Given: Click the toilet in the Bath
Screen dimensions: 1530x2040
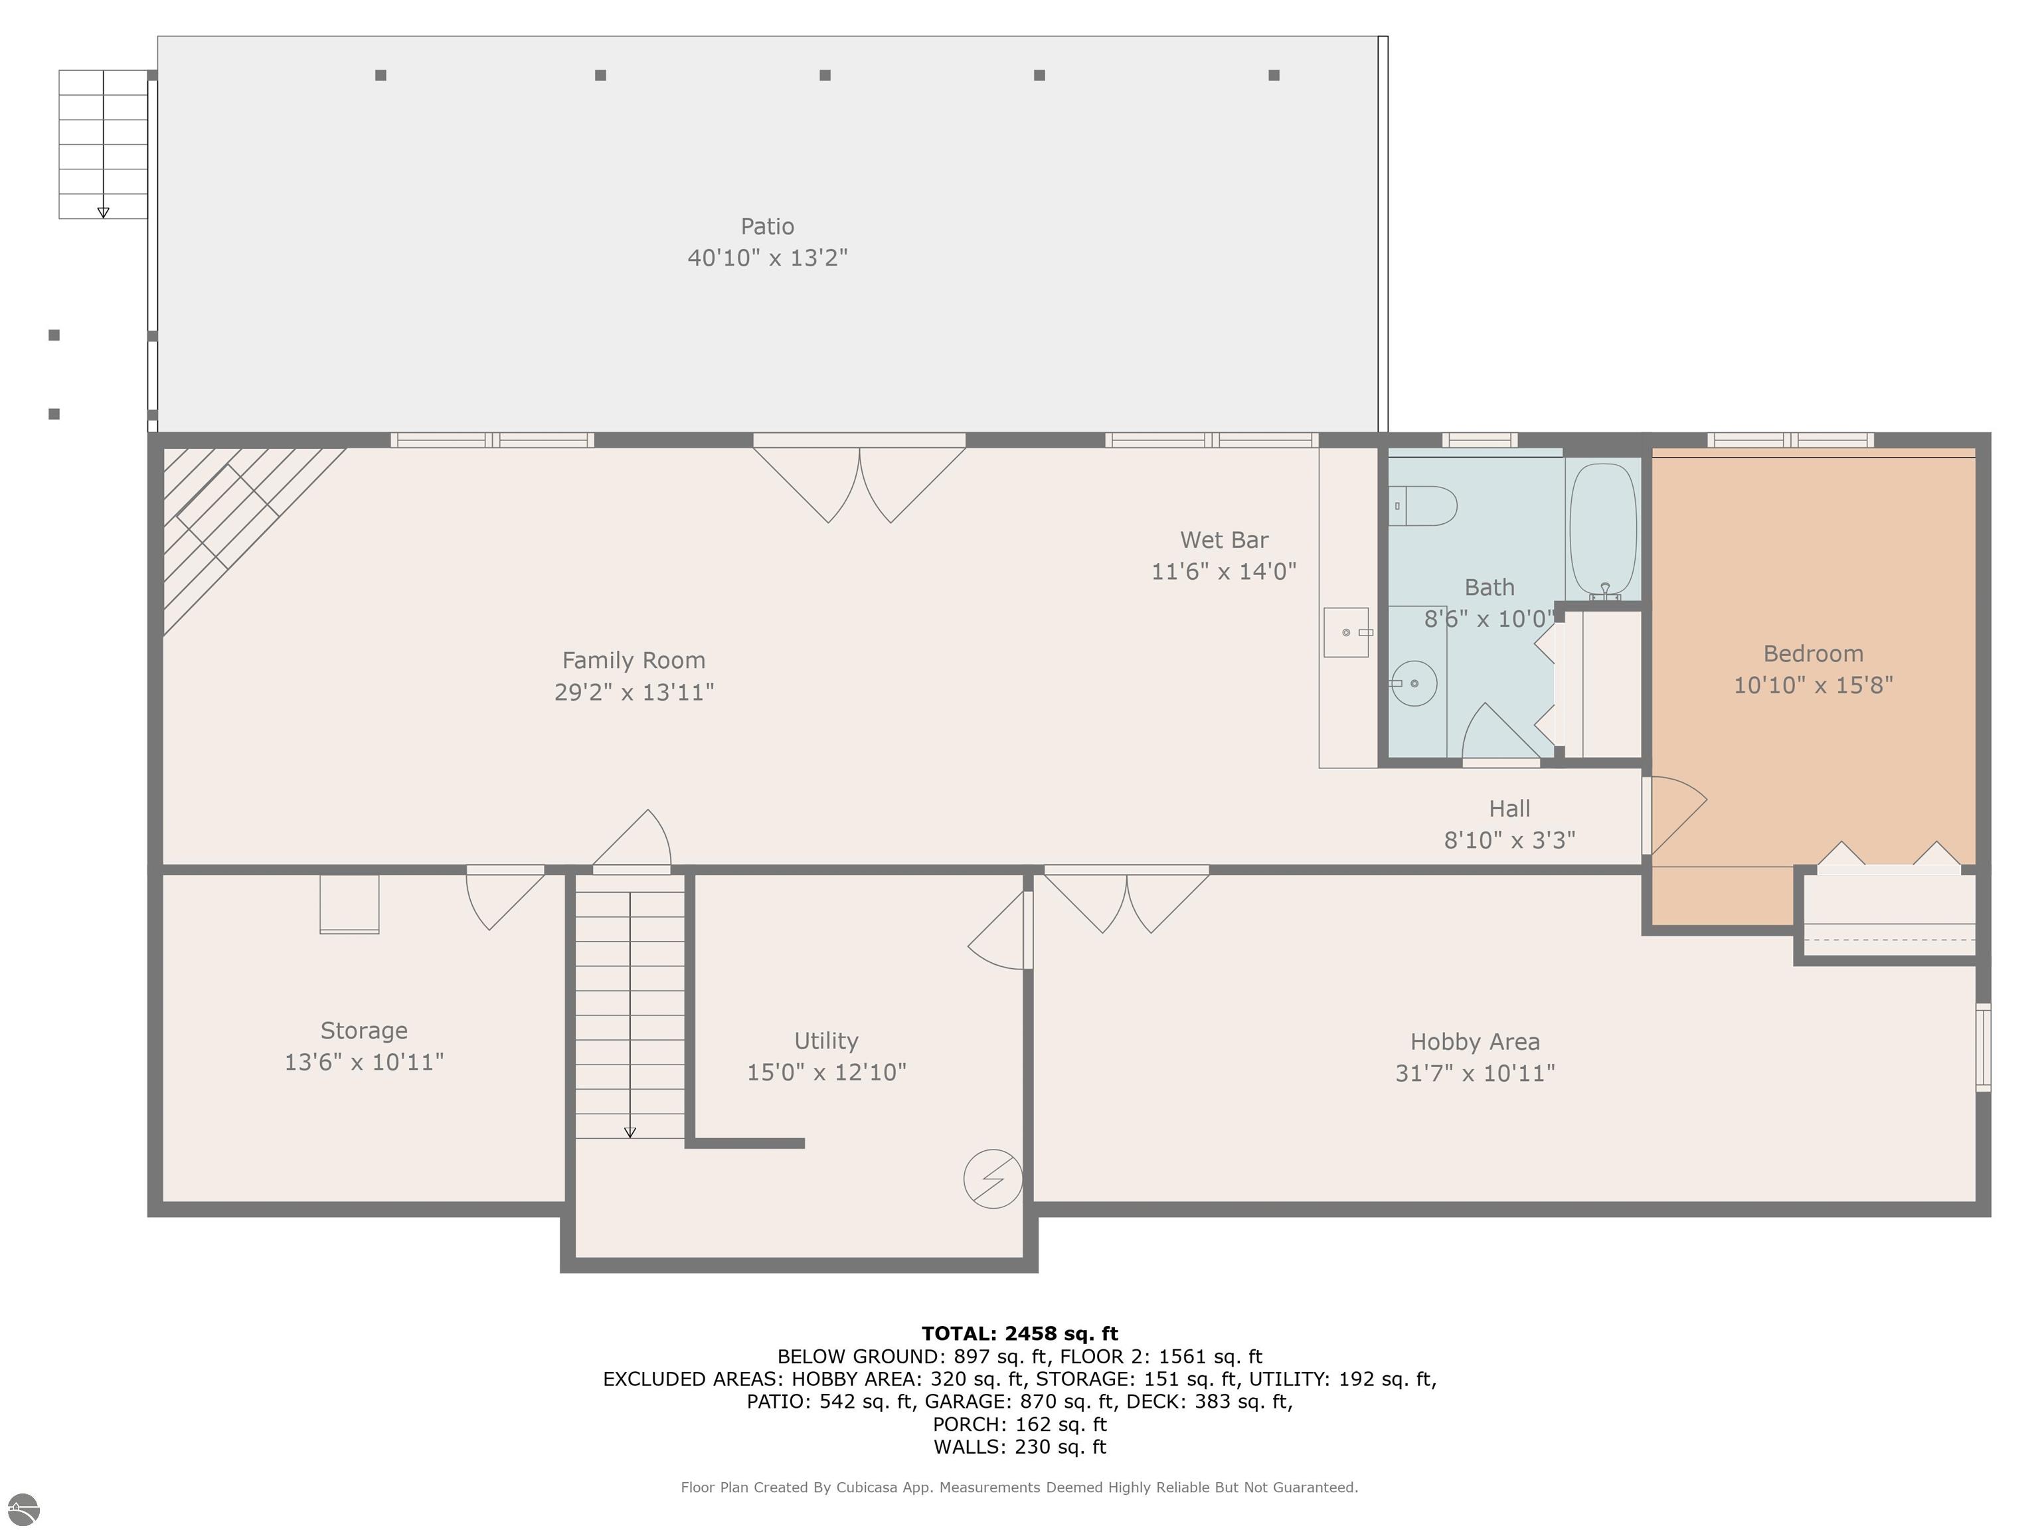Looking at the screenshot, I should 1423,506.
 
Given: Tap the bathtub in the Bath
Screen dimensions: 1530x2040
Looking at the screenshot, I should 1603,529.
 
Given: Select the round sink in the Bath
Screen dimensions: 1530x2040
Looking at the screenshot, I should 1413,683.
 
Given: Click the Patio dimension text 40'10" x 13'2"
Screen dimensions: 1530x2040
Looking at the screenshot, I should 766,257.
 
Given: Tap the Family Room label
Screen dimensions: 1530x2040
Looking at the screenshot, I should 634,660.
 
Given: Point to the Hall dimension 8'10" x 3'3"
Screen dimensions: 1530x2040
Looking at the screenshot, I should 1509,839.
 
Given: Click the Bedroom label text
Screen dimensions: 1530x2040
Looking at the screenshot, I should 1812,654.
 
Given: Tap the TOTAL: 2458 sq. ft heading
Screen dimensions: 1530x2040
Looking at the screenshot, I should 1019,1333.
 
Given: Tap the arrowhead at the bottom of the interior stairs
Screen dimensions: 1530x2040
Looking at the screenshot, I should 630,1132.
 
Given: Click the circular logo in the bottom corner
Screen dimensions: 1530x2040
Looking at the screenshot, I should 24,1509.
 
